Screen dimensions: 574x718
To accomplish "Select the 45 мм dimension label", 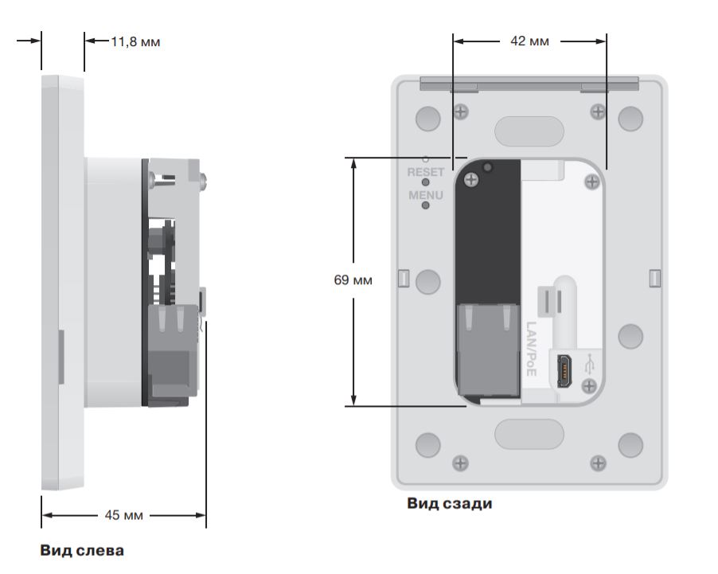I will pyautogui.click(x=124, y=515).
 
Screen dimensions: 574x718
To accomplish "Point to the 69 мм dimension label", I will pyautogui.click(x=353, y=280).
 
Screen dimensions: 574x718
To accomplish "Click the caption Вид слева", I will pyautogui.click(x=82, y=550).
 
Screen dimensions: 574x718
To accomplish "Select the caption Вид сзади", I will pyautogui.click(x=450, y=503).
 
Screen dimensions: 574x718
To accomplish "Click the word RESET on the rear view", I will pyautogui.click(x=426, y=172).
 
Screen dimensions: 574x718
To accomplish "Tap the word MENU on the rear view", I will pyautogui.click(x=426, y=195).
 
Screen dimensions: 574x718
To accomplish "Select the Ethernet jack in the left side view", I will pyautogui.click(x=174, y=350).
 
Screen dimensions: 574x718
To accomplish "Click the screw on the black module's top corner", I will pyautogui.click(x=472, y=182).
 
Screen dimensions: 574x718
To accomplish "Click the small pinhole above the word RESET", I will pyautogui.click(x=426, y=160).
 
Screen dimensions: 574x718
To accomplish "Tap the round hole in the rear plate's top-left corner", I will pyautogui.click(x=428, y=119).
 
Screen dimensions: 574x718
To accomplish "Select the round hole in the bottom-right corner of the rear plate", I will pyautogui.click(x=630, y=445).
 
